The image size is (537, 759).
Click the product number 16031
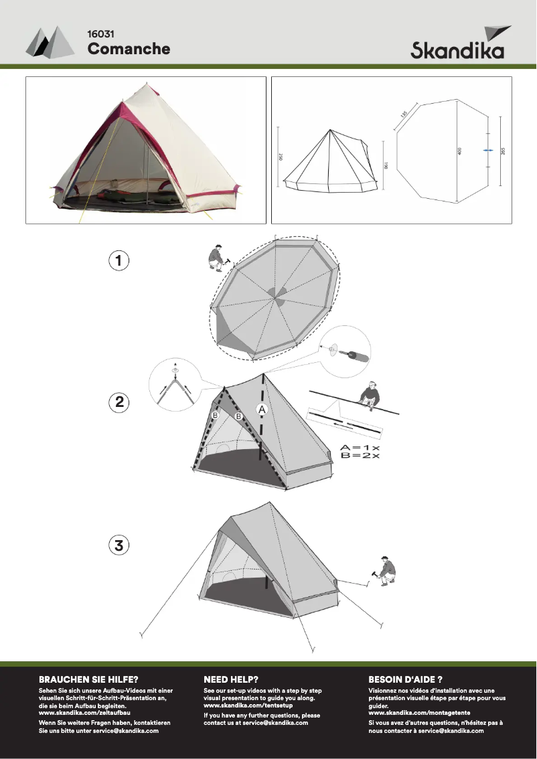[x=100, y=34]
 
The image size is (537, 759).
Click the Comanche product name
[x=129, y=48]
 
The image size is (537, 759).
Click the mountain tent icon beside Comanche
[x=50, y=41]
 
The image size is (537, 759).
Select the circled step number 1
[x=119, y=260]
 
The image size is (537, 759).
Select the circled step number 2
[x=119, y=402]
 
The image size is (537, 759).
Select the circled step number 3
[x=119, y=545]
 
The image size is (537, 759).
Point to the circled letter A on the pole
[x=262, y=410]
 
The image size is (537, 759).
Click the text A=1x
[x=360, y=448]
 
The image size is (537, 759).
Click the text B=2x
[x=360, y=456]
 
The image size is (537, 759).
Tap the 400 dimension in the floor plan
[x=459, y=151]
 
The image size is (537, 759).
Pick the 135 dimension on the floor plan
[x=404, y=114]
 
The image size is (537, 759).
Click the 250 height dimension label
[x=281, y=157]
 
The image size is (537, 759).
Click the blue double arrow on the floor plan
[x=488, y=151]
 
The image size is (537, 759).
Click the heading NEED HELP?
[x=231, y=679]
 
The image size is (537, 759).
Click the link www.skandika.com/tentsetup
[x=248, y=705]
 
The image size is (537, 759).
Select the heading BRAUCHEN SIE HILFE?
[x=88, y=679]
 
